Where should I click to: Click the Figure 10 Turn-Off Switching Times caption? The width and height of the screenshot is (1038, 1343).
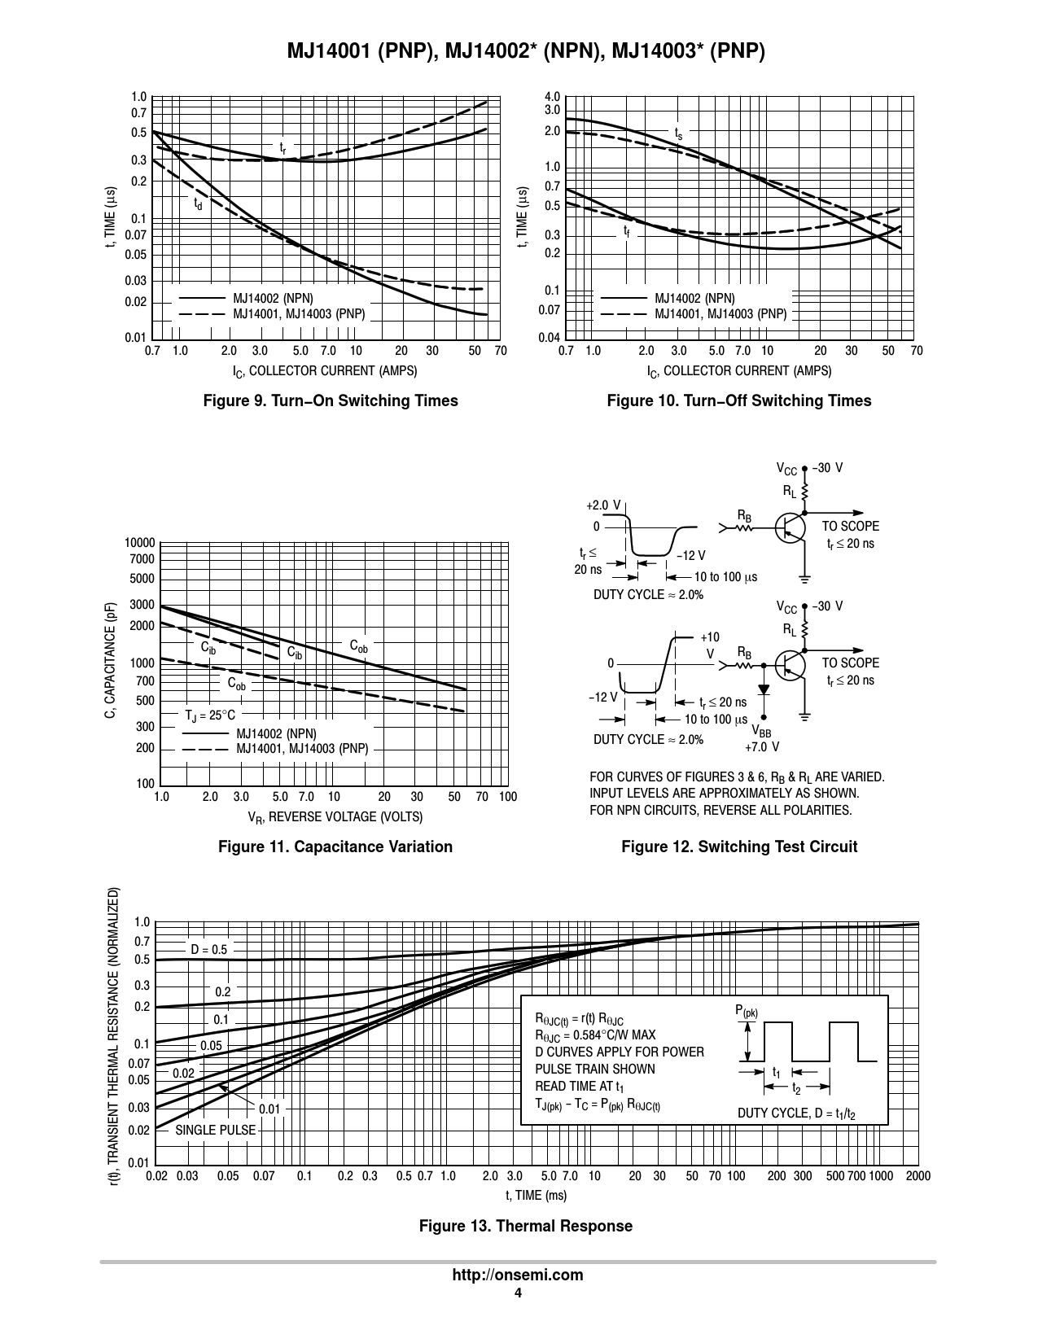pos(738,400)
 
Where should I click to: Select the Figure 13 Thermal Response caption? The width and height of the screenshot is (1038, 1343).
pos(525,1226)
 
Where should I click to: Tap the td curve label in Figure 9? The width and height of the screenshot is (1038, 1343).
pos(198,204)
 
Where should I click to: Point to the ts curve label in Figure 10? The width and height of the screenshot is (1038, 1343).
pos(678,132)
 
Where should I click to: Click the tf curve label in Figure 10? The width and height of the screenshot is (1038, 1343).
pos(627,232)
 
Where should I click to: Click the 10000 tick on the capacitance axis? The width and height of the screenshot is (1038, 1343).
pos(139,543)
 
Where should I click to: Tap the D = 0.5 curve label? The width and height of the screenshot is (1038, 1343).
pos(208,949)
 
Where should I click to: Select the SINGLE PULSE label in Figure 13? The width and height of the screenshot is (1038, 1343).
pos(215,1130)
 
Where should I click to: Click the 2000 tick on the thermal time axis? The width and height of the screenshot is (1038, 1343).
pos(918,1176)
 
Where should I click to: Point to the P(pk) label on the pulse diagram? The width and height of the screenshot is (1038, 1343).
pos(747,1012)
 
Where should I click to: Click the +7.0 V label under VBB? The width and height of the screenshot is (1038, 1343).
pos(762,746)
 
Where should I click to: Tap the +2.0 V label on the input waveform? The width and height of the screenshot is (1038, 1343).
pos(603,505)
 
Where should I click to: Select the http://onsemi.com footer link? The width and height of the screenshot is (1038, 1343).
pos(518,1275)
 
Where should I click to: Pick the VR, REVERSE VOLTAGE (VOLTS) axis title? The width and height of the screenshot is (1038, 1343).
pos(335,817)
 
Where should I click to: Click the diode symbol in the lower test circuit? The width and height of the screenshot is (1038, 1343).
pos(764,689)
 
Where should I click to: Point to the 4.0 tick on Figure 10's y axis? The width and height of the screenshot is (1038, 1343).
pos(552,98)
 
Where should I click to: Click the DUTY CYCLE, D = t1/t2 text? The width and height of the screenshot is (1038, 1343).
pos(796,1113)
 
